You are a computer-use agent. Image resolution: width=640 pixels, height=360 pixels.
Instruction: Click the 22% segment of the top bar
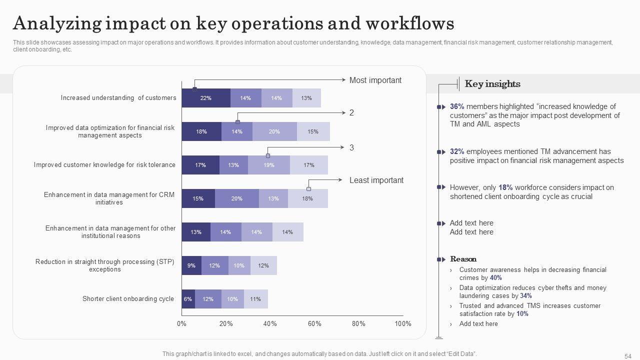pos(205,98)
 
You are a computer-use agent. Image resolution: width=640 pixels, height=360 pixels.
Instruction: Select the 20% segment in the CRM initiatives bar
pos(236,198)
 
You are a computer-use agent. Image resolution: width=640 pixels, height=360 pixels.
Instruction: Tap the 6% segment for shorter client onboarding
pos(188,299)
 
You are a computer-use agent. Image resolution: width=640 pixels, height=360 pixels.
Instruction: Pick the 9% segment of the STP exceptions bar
pos(191,265)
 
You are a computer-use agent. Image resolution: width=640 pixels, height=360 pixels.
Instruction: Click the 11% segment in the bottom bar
pos(255,299)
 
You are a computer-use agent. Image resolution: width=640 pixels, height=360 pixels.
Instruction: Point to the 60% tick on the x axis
pos(314,323)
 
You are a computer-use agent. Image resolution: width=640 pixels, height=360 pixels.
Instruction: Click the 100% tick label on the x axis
pos(402,323)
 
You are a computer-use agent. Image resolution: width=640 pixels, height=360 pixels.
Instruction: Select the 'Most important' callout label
pos(375,80)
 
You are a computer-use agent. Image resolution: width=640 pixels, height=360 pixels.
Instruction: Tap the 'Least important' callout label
pos(376,180)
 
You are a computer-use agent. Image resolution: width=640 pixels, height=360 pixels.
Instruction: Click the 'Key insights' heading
pos(492,84)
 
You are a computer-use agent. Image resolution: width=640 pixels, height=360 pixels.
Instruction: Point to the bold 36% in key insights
pos(457,106)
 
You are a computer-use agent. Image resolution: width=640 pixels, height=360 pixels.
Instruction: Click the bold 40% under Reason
pos(495,278)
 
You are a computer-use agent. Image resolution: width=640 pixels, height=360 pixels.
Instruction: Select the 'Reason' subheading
pos(463,259)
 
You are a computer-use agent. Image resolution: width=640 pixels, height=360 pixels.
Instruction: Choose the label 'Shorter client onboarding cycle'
pos(128,299)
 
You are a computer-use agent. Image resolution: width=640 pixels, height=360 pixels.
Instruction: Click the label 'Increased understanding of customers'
pos(118,98)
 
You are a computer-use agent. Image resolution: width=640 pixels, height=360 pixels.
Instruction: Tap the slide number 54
pos(628,356)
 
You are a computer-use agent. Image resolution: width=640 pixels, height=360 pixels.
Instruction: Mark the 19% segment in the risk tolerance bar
pos(268,165)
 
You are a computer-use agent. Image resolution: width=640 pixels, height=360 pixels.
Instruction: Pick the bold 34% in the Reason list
pos(525,296)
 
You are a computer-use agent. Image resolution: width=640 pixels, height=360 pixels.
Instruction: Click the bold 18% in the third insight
pos(505,187)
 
